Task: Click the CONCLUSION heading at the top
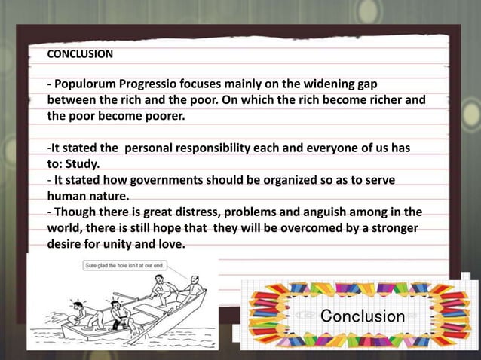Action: click(x=80, y=54)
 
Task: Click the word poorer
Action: click(x=161, y=117)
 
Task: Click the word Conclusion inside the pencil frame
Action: click(x=363, y=316)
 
